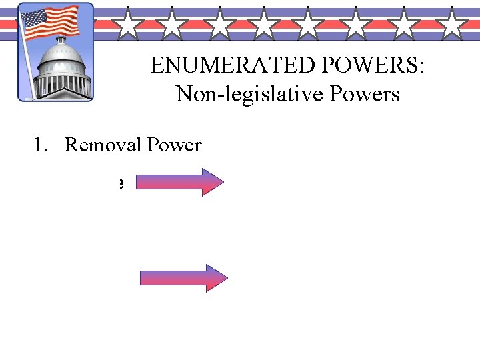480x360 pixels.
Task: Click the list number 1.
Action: click(38, 145)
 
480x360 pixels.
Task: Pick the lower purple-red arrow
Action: click(183, 277)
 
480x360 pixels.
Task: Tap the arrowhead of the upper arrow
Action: click(213, 182)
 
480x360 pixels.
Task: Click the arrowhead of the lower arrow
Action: click(216, 277)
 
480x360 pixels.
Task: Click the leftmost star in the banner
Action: click(126, 25)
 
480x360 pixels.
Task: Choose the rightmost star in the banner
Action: click(453, 25)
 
